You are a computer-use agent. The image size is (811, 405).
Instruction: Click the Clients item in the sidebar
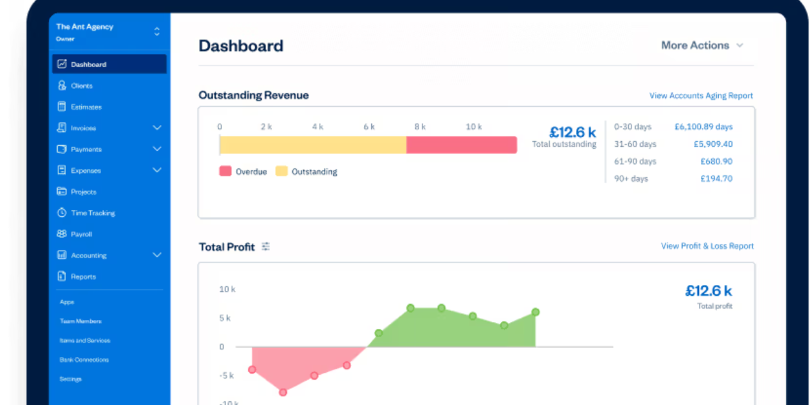(82, 86)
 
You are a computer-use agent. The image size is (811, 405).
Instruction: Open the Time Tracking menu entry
(92, 213)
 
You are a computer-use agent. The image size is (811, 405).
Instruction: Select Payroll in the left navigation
(81, 234)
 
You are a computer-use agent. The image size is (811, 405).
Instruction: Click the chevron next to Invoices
(157, 128)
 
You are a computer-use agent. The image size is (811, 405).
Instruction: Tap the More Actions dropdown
(702, 45)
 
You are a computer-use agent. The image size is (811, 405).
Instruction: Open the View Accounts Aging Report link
(701, 96)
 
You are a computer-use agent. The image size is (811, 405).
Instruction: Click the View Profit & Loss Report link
(707, 246)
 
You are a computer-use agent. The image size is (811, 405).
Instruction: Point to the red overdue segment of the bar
(461, 145)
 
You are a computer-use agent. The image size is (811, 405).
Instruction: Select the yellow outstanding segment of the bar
(313, 145)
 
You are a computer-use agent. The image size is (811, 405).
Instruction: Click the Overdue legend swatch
(225, 171)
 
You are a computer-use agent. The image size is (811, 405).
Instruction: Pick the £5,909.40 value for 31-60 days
(713, 144)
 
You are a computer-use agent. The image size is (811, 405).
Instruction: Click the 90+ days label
(631, 179)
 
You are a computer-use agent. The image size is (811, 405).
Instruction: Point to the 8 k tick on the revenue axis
(420, 127)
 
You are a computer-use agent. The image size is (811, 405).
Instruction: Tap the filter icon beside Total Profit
(266, 246)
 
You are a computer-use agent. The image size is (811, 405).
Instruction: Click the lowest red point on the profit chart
(283, 392)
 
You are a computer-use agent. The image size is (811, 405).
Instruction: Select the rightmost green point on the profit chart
(535, 312)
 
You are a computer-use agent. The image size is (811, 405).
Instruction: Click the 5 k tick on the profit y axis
(225, 318)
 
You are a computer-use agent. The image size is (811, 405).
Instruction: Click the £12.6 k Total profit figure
(708, 291)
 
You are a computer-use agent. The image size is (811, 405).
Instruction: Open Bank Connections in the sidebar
(84, 360)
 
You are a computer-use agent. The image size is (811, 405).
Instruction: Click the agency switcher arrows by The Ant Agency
(157, 32)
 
